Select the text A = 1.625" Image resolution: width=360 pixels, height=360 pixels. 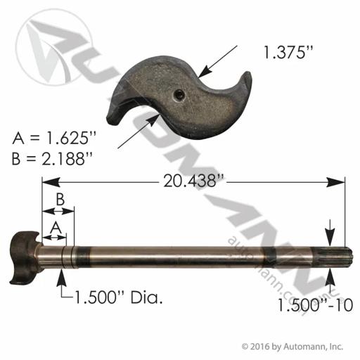pyautogui.click(x=54, y=139)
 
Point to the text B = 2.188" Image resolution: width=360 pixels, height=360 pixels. pyautogui.click(x=51, y=158)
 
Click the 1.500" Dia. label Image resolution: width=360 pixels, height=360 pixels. pyautogui.click(x=118, y=298)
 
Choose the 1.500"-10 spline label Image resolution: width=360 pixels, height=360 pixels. pyautogui.click(x=315, y=305)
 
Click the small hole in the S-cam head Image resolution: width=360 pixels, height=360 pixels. pyautogui.click(x=185, y=95)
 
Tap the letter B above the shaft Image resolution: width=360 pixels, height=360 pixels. pyautogui.click(x=60, y=200)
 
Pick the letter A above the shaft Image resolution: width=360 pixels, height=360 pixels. pyautogui.click(x=56, y=228)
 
